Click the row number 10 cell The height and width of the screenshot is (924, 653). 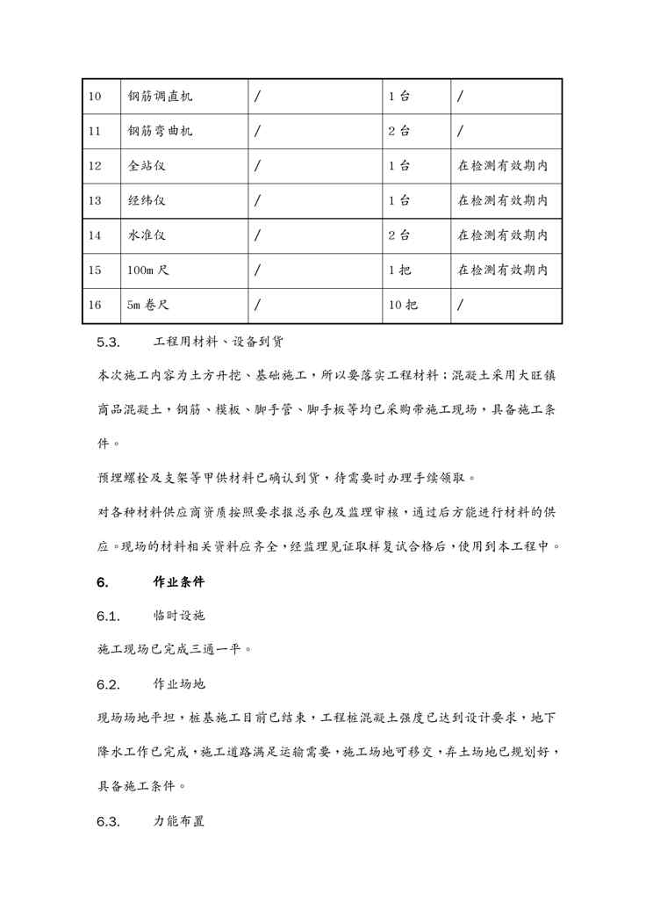click(96, 96)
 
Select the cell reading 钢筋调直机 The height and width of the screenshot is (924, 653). click(160, 96)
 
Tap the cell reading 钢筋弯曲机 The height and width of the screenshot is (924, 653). click(160, 131)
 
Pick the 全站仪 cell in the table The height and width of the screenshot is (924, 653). click(146, 165)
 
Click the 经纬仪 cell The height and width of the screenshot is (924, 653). click(146, 200)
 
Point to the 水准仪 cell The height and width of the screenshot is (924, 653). click(146, 235)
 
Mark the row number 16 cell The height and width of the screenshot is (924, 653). click(96, 306)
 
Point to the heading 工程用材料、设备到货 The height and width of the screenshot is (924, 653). click(218, 341)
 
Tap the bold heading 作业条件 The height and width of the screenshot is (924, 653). click(179, 581)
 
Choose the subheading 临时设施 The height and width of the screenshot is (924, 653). click(179, 616)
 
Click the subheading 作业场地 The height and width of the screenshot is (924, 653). click(179, 684)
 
